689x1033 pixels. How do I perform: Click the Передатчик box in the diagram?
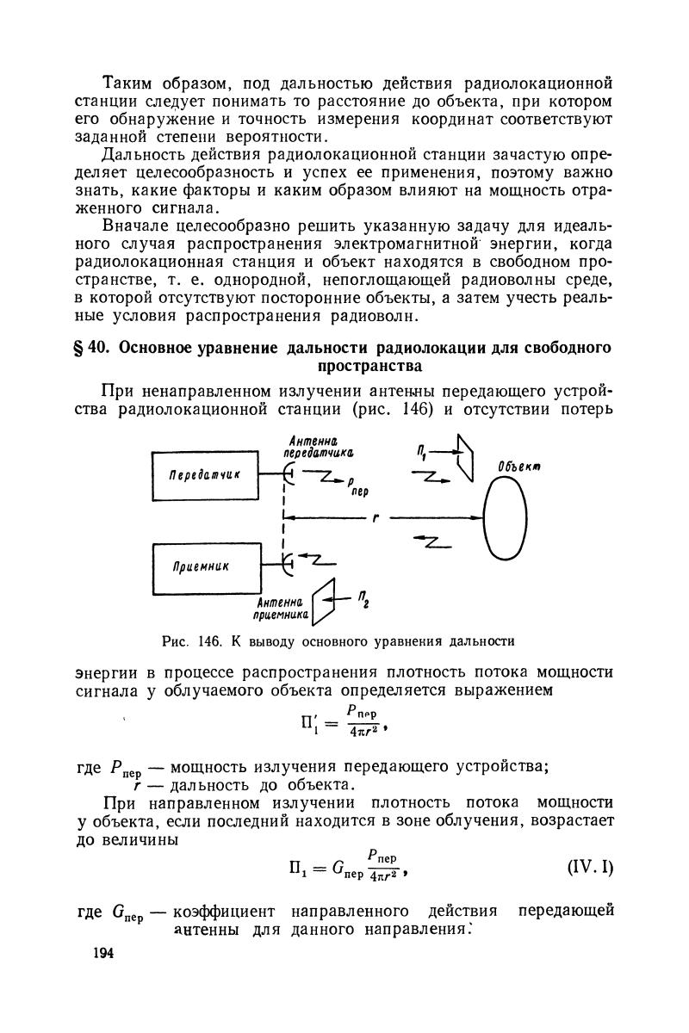pos(205,474)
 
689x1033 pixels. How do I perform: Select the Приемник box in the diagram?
pos(205,566)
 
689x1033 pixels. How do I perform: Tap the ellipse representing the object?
pos(505,519)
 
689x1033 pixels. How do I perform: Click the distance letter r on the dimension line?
pos(376,518)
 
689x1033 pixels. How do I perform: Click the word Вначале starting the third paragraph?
pos(137,226)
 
